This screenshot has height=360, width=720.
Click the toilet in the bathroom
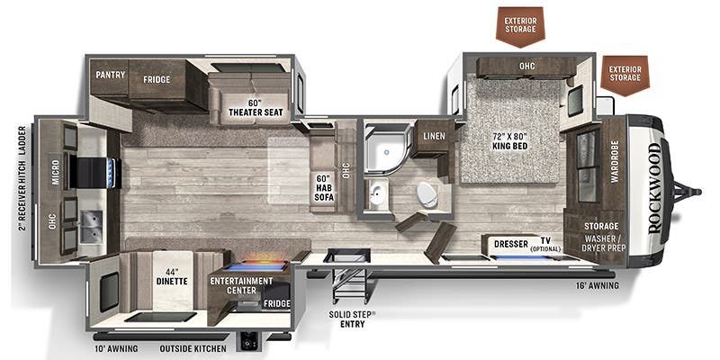[x=427, y=194]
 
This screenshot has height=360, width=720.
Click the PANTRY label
[x=110, y=75]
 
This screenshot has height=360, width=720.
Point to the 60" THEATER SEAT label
[x=256, y=108]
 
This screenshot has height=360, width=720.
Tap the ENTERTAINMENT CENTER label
[x=241, y=285]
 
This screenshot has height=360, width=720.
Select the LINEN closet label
[x=434, y=136]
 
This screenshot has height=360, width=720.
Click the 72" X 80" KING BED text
[x=509, y=141]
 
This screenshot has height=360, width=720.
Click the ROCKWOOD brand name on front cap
[x=655, y=188]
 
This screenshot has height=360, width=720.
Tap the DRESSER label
[x=511, y=244]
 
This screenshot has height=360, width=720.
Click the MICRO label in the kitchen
[x=55, y=173]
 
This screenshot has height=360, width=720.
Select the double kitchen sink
[x=91, y=227]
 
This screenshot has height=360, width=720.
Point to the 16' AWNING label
[x=598, y=285]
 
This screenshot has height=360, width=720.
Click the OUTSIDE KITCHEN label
[x=193, y=348]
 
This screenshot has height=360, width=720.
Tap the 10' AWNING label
[x=117, y=348]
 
